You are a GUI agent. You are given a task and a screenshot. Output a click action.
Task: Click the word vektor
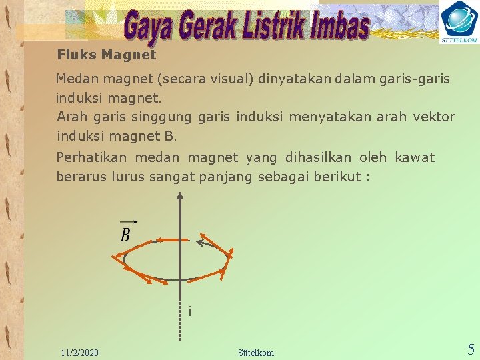tap(434, 117)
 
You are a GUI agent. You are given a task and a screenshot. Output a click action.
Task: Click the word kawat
tap(415, 158)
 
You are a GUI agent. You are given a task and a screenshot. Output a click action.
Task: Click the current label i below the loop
tap(190, 311)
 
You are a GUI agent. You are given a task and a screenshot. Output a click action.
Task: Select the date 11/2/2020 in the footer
tap(79, 352)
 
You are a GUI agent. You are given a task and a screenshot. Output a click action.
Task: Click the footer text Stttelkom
tap(256, 352)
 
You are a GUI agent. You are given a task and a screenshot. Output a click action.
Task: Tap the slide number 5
tap(471, 349)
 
